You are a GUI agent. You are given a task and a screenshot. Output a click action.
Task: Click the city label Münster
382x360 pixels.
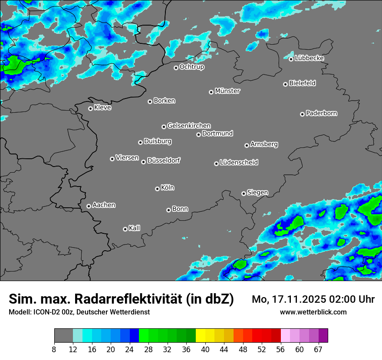coord(227,91)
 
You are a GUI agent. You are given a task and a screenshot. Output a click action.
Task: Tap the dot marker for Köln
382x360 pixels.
coord(157,189)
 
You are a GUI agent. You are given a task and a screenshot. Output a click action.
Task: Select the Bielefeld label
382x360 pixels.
coord(302,83)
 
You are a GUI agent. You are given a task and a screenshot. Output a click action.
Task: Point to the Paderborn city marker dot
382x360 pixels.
coord(302,114)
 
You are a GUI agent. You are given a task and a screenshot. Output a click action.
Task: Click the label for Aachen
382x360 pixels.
coord(104,205)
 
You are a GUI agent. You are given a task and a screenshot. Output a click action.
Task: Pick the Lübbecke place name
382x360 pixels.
coord(309,58)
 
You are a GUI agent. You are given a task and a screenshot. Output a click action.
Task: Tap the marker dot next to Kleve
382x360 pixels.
coord(90,108)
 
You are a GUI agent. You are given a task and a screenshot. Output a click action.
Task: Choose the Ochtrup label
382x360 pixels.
coord(191,67)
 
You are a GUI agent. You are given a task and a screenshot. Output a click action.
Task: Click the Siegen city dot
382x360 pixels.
coord(244,193)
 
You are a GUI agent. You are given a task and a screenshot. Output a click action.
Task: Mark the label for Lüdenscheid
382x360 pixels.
coord(239,163)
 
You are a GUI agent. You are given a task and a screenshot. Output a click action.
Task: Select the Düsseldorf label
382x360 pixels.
coord(164,160)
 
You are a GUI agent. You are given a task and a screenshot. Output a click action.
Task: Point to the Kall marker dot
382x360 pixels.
coord(125,229)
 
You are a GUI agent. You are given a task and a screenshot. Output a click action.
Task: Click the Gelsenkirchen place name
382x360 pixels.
coord(189,126)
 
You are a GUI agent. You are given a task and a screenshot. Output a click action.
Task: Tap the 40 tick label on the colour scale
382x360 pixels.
coord(205,350)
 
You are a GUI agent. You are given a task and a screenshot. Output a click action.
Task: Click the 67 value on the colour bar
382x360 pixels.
coord(318,350)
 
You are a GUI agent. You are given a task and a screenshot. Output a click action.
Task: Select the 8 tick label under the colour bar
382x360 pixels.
coord(54,350)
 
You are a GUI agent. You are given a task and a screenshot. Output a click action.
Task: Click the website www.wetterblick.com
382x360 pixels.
coord(313,312)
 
